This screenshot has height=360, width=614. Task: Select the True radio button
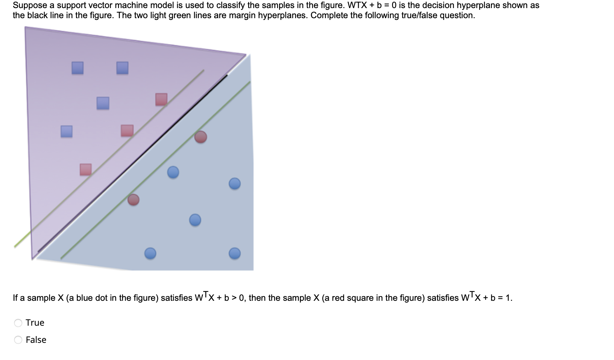click(x=18, y=323)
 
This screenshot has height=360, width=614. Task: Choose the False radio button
click(x=18, y=340)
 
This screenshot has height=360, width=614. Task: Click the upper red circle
click(x=201, y=137)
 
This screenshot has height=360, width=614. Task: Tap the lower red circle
click(x=133, y=200)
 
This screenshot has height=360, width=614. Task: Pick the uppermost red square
click(x=161, y=99)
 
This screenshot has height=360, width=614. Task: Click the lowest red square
click(x=85, y=170)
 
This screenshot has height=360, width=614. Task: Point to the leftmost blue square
click(x=67, y=131)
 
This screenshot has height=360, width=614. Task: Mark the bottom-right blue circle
click(x=235, y=253)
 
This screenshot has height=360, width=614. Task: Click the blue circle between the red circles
click(x=173, y=172)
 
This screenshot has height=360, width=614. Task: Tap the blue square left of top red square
click(x=103, y=103)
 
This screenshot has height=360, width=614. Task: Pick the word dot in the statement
click(x=101, y=298)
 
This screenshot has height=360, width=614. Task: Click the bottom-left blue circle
click(x=150, y=253)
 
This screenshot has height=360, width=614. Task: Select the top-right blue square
click(x=122, y=68)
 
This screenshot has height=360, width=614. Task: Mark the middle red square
click(x=127, y=131)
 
